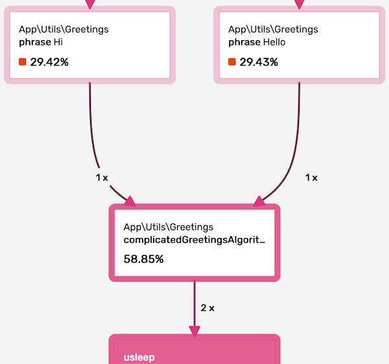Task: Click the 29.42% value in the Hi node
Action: [49, 62]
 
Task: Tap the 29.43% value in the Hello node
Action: [259, 62]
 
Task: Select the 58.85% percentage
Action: [143, 259]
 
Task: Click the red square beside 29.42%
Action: [23, 62]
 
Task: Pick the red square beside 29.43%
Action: [232, 62]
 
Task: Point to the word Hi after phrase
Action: [58, 42]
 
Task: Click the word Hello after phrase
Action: [272, 42]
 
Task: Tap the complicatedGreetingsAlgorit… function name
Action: [194, 240]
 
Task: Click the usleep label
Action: [139, 357]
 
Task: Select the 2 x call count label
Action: [207, 308]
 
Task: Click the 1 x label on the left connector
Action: [102, 177]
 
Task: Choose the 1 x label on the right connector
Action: [311, 177]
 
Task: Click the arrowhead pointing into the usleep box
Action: [194, 331]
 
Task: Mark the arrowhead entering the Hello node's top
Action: [299, 5]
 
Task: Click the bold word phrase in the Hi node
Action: [34, 42]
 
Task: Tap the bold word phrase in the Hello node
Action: [244, 42]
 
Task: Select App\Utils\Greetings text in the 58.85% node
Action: [169, 227]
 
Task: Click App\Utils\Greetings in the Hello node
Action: [273, 29]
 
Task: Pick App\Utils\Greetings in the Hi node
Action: [64, 29]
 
